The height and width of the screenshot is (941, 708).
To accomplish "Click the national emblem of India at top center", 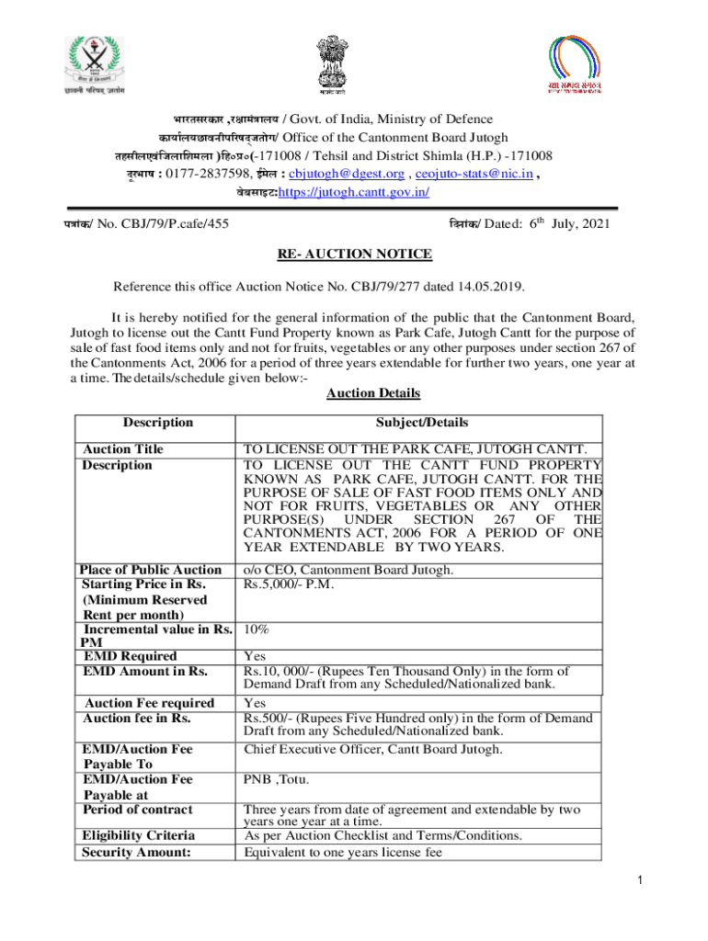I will [333, 62].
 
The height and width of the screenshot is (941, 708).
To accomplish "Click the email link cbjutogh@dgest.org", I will [347, 175].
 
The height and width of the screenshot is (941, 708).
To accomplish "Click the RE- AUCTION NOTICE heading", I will [354, 255].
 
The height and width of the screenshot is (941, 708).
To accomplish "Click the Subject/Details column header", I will [421, 423].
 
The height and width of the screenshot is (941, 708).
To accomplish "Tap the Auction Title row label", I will [123, 449].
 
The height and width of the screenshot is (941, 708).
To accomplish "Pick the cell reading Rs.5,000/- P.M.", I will [288, 584].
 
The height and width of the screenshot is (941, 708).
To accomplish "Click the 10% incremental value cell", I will [256, 630].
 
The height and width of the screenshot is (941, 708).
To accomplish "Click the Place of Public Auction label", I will [151, 570].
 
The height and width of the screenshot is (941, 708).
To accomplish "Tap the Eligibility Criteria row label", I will [139, 835].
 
